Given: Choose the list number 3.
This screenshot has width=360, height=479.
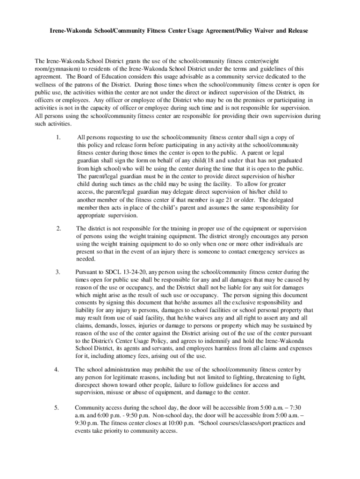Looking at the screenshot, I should pos(58,272).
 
